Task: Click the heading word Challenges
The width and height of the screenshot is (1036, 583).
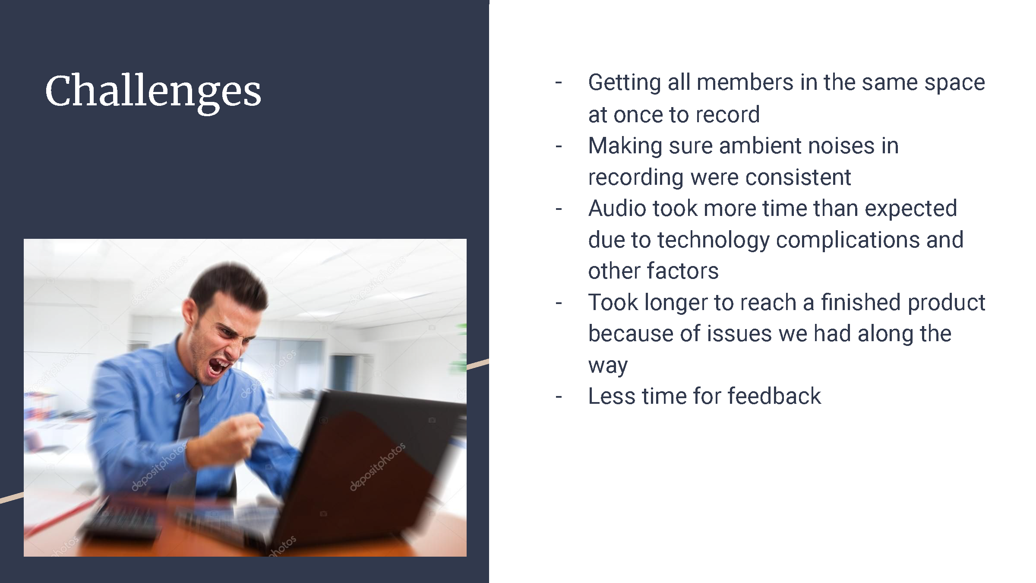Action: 153,92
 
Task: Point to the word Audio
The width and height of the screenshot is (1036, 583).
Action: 617,208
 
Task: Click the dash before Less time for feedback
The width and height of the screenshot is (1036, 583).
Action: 559,397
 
